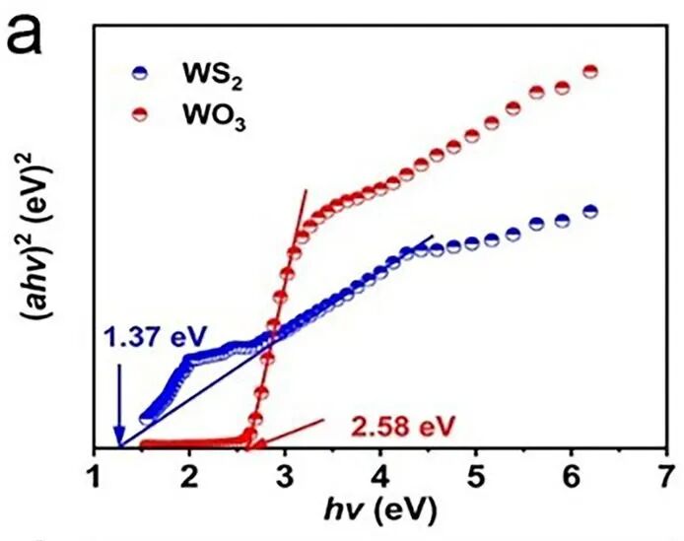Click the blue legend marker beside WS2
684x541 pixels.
pyautogui.click(x=140, y=73)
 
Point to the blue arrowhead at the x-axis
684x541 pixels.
pyautogui.click(x=119, y=439)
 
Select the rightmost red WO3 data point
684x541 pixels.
pyautogui.click(x=591, y=71)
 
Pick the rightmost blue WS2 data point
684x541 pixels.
pyautogui.click(x=590, y=212)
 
